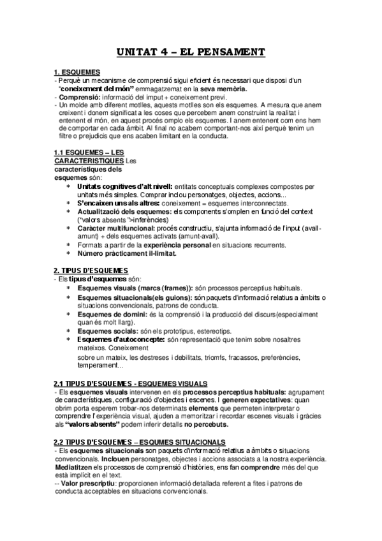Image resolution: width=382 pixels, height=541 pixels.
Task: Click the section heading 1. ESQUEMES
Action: [x=77, y=73]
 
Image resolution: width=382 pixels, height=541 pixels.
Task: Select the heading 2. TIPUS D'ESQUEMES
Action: [x=91, y=270]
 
